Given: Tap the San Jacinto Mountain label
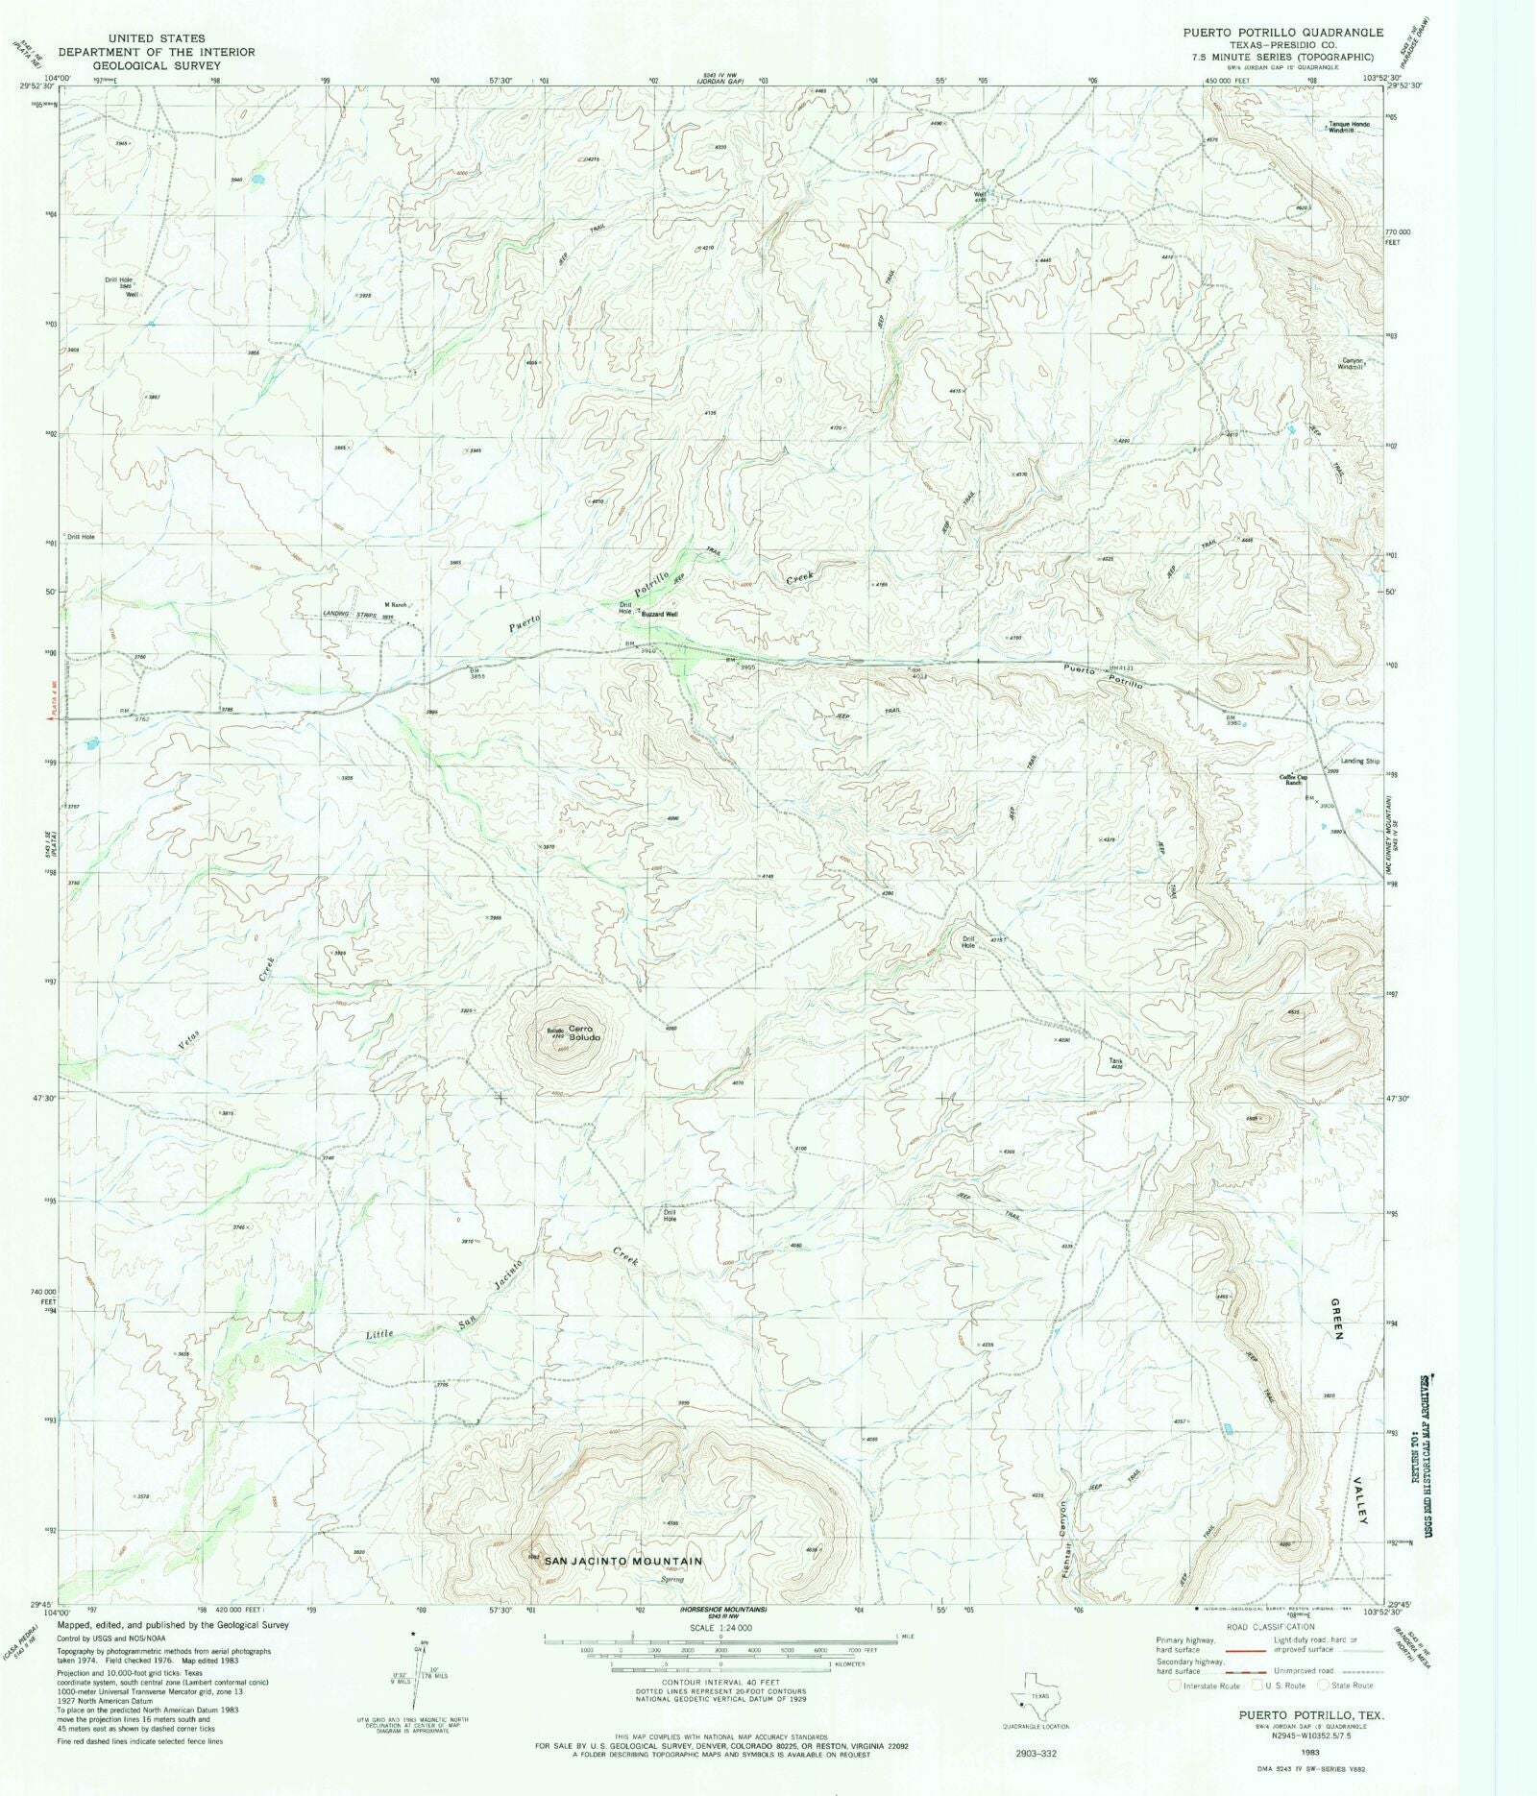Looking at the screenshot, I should point(623,1562).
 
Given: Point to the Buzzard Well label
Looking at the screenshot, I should point(659,614).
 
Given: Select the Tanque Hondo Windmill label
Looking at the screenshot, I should point(1349,128).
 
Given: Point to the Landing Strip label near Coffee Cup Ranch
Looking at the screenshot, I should point(1359,762).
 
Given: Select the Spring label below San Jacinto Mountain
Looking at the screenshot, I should point(671,1579).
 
